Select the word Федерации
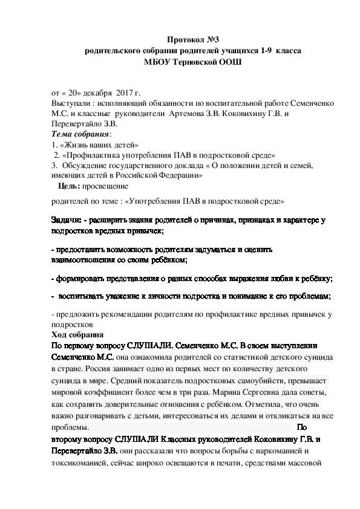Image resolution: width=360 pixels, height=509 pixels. coord(181,175)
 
